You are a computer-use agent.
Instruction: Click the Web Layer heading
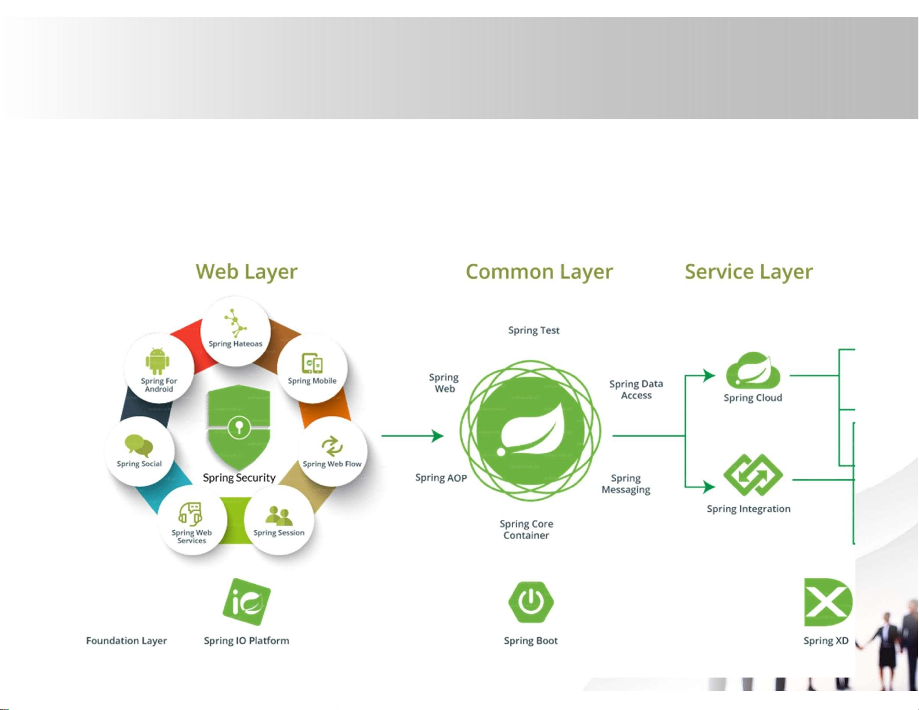246,272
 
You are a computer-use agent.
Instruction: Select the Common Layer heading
539,272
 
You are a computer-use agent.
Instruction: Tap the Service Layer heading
749,272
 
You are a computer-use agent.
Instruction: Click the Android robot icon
157,361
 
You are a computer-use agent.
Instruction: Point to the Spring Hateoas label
235,344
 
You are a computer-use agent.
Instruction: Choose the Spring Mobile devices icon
312,363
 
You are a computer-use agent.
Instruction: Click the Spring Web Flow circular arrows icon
332,446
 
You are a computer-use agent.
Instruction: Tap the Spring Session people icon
279,515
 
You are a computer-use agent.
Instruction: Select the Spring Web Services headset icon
190,514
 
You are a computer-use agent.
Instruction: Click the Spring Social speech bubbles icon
139,446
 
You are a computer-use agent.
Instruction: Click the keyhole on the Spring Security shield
239,427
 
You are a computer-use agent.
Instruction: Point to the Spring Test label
534,330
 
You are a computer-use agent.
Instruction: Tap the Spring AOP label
441,478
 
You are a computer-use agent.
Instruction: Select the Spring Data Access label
636,389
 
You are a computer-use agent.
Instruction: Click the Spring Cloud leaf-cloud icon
753,370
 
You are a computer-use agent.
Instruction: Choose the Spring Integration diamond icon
753,475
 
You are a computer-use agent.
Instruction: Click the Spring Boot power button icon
531,602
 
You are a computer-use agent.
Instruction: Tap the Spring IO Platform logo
246,602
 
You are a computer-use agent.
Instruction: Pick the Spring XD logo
827,602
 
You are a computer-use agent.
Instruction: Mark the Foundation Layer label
126,640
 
